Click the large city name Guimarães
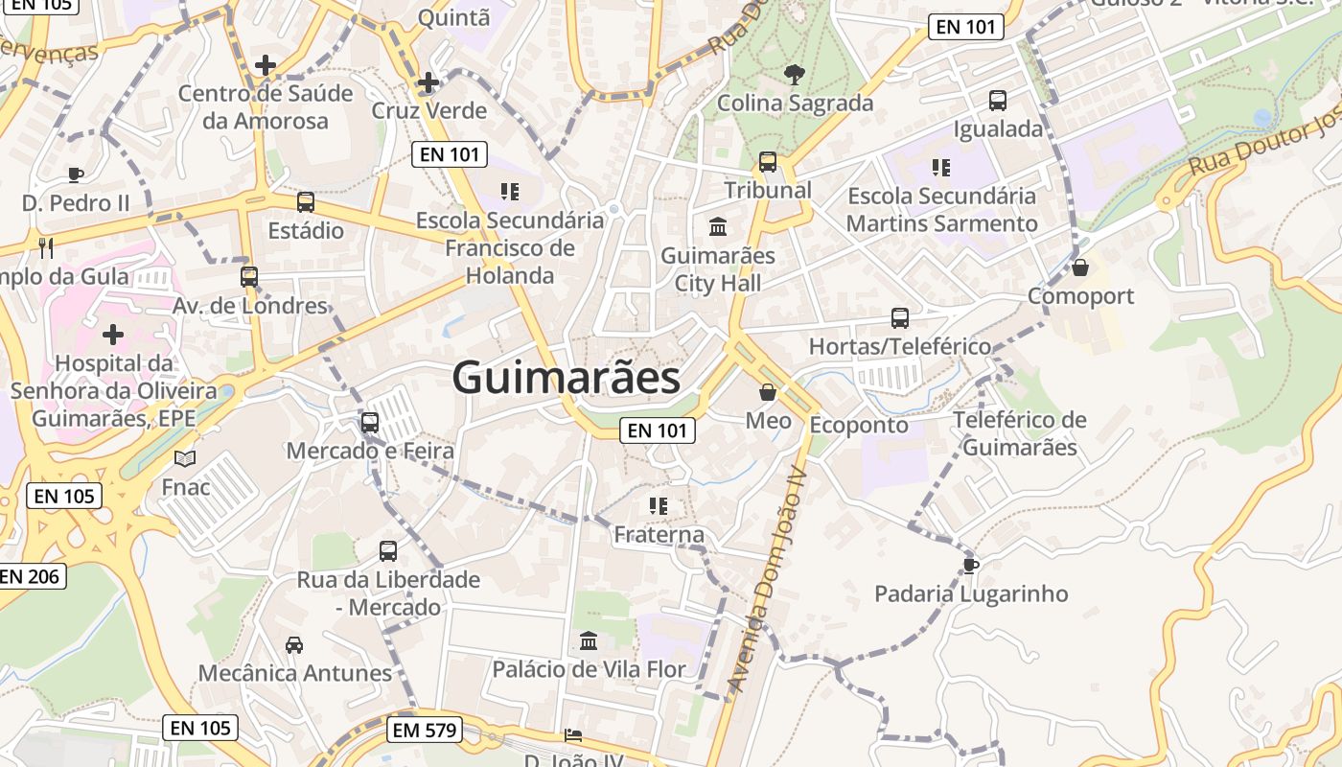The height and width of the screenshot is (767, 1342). (x=566, y=378)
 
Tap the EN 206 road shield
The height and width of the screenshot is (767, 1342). (x=31, y=576)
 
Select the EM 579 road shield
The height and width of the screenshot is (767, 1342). (x=426, y=731)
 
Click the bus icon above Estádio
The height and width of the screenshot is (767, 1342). (x=306, y=202)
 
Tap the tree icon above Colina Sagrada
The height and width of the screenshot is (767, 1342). (x=795, y=74)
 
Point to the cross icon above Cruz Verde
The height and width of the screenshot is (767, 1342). (x=428, y=83)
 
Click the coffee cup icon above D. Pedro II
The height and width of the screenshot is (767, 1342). (x=76, y=174)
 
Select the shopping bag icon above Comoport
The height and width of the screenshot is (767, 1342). (x=1080, y=267)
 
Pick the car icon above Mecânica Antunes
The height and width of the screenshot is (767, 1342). (x=294, y=645)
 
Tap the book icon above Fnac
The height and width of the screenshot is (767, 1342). (x=185, y=459)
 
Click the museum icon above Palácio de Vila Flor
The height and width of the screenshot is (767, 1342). (x=589, y=640)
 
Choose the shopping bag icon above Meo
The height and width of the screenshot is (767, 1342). (x=768, y=392)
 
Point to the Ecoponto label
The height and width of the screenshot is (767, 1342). (x=859, y=425)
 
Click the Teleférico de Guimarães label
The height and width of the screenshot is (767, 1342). (x=1020, y=433)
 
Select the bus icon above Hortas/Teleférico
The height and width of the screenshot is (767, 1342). (x=899, y=318)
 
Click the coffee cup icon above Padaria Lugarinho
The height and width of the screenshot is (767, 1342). (x=970, y=566)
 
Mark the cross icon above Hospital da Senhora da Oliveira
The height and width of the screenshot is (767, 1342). (x=113, y=335)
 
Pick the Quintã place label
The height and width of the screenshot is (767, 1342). (x=454, y=17)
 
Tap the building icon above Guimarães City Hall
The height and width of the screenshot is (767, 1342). (x=717, y=227)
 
